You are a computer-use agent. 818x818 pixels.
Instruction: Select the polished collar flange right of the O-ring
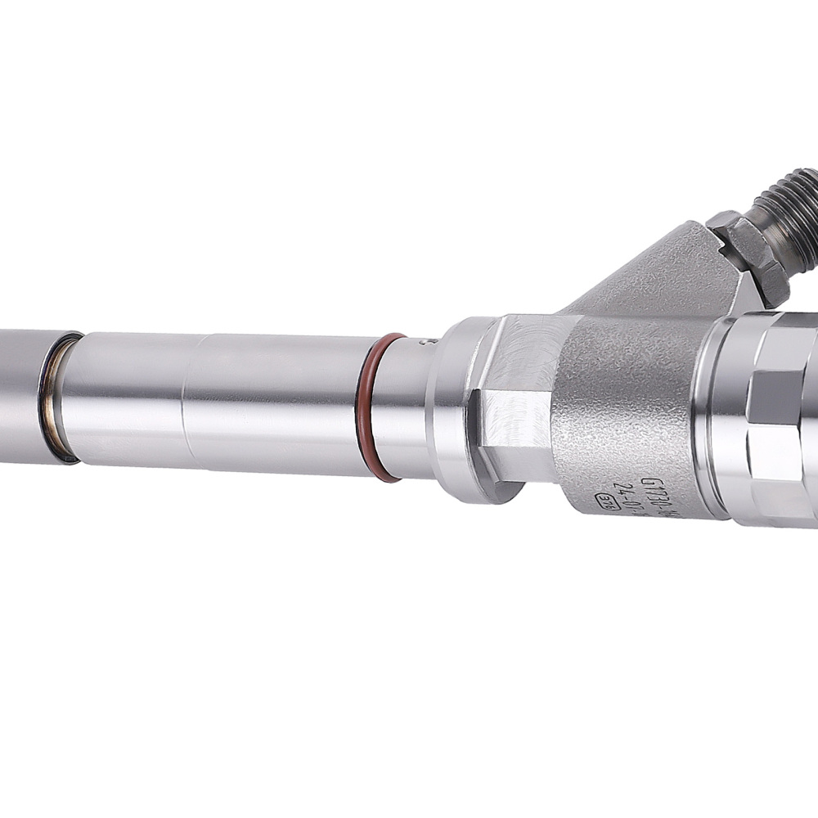[454, 409]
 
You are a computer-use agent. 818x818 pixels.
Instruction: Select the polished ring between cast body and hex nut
[712, 417]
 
